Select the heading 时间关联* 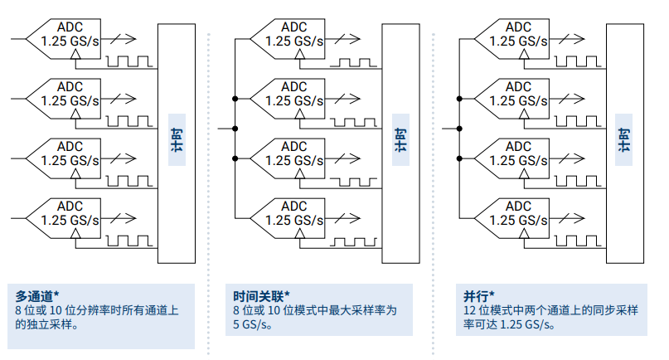click(262, 295)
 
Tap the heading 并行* click(478, 295)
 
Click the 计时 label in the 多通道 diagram click(176, 138)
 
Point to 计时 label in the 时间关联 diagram click(400, 138)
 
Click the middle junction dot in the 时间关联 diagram click(235, 129)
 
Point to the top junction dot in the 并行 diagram click(459, 99)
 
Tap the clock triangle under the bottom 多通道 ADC click(76, 235)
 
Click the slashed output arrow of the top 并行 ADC click(568, 38)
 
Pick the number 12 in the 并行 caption click(469, 311)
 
